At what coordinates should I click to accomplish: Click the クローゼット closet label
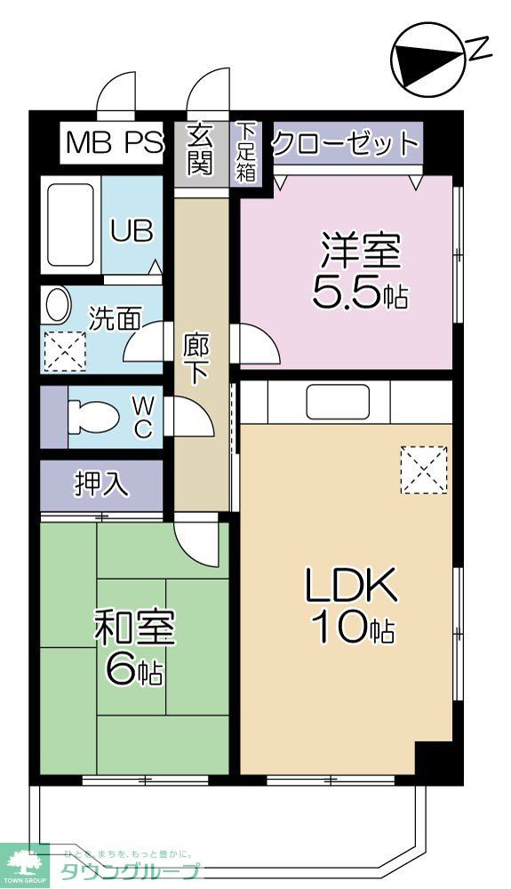coord(345,143)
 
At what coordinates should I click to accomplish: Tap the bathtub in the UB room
coord(71,227)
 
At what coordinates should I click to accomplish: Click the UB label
coord(132,230)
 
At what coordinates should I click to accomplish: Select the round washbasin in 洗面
coord(58,306)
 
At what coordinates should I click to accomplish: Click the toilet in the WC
coord(93,416)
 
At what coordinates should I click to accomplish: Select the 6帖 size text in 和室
coord(134,669)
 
